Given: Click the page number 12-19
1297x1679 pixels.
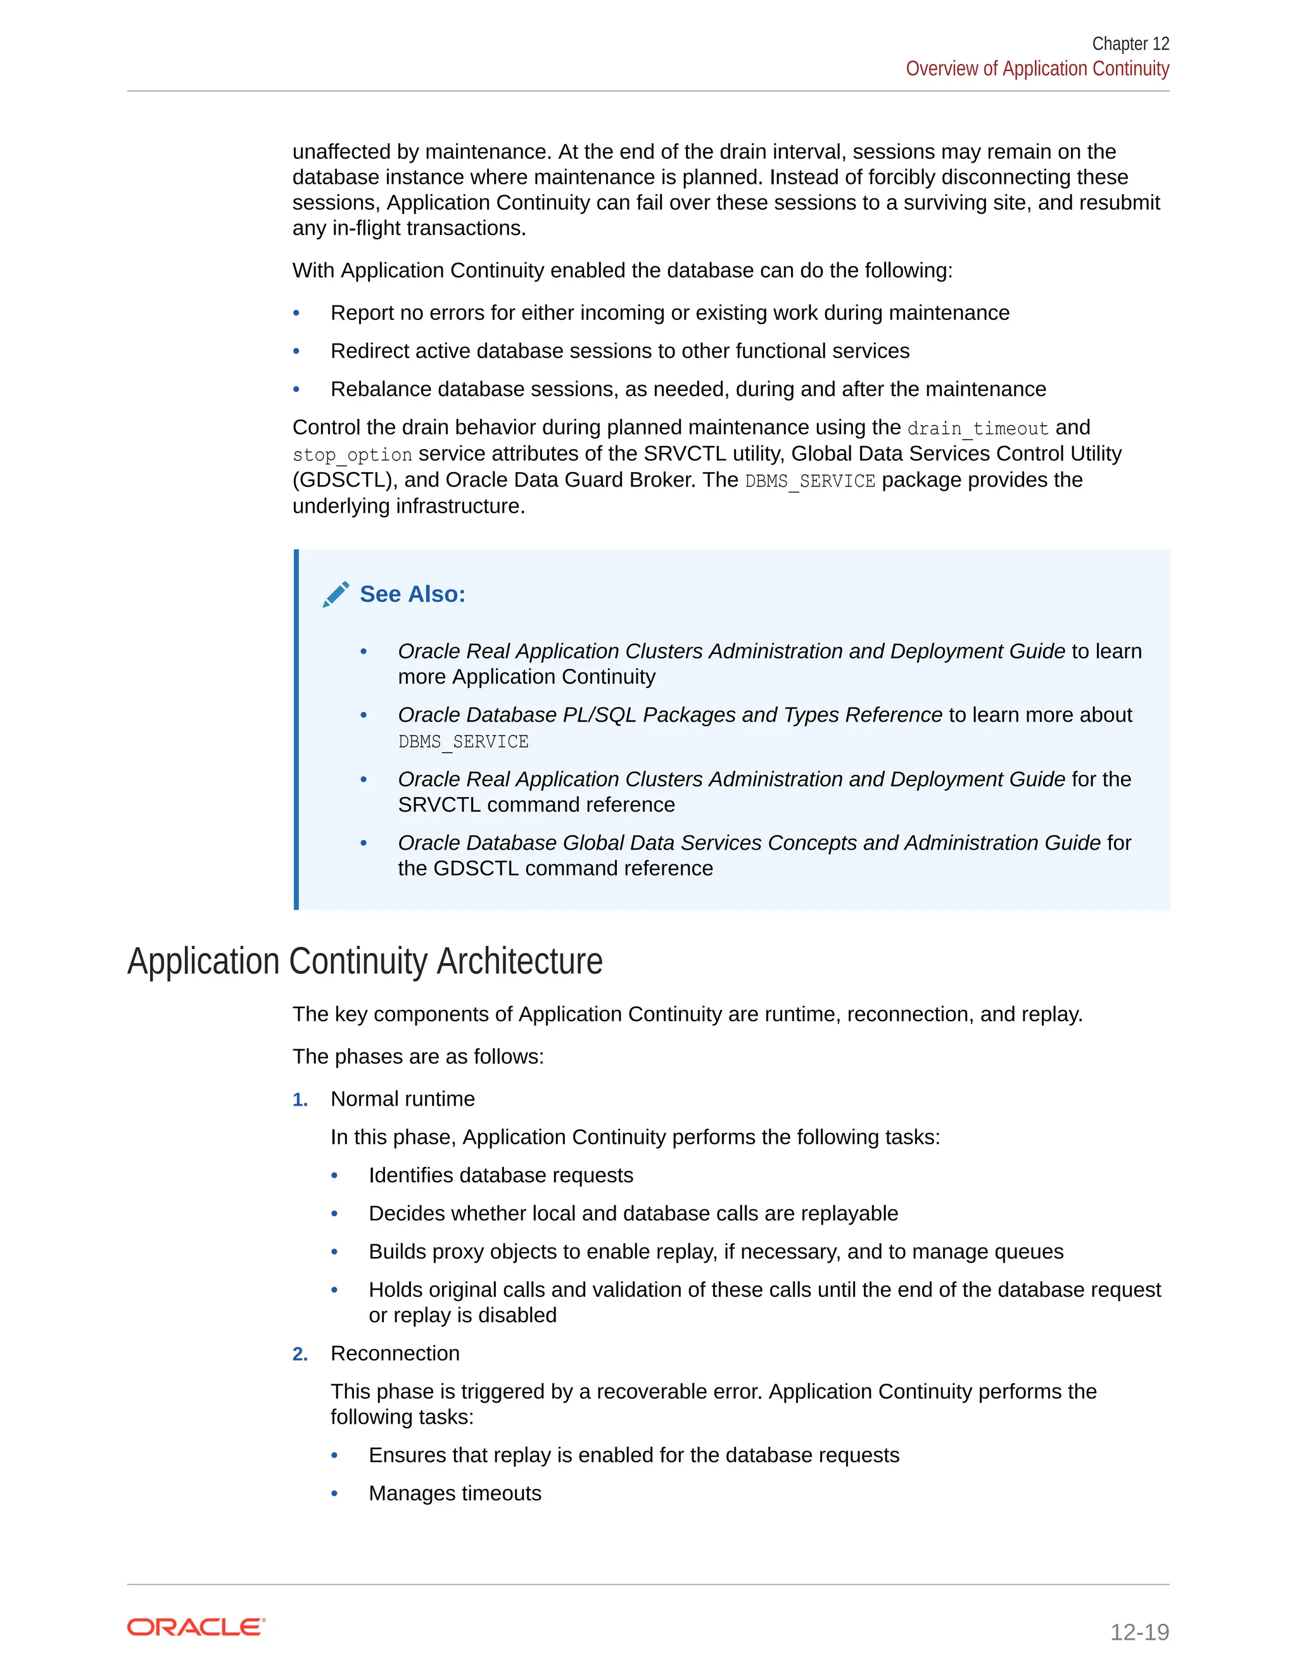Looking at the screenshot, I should [1139, 1631].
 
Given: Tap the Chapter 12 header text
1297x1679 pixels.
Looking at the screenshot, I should [1130, 44].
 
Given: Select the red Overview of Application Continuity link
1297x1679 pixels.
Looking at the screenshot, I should [1037, 69].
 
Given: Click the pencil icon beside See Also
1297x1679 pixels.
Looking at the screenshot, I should [336, 594].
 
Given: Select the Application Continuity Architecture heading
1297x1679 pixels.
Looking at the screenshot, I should [364, 961].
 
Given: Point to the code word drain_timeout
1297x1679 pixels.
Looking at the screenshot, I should [977, 428].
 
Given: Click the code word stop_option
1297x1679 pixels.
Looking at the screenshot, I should [352, 455].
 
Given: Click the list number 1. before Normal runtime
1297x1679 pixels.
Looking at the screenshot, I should [300, 1100].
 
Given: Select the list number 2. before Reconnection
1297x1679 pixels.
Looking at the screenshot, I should [300, 1355].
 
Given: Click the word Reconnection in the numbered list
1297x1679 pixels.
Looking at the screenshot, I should [395, 1354].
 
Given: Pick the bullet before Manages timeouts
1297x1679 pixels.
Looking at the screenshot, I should [334, 1494].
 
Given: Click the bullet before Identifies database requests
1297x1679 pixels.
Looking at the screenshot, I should [334, 1175].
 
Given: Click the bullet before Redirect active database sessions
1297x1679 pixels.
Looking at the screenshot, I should [296, 352].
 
